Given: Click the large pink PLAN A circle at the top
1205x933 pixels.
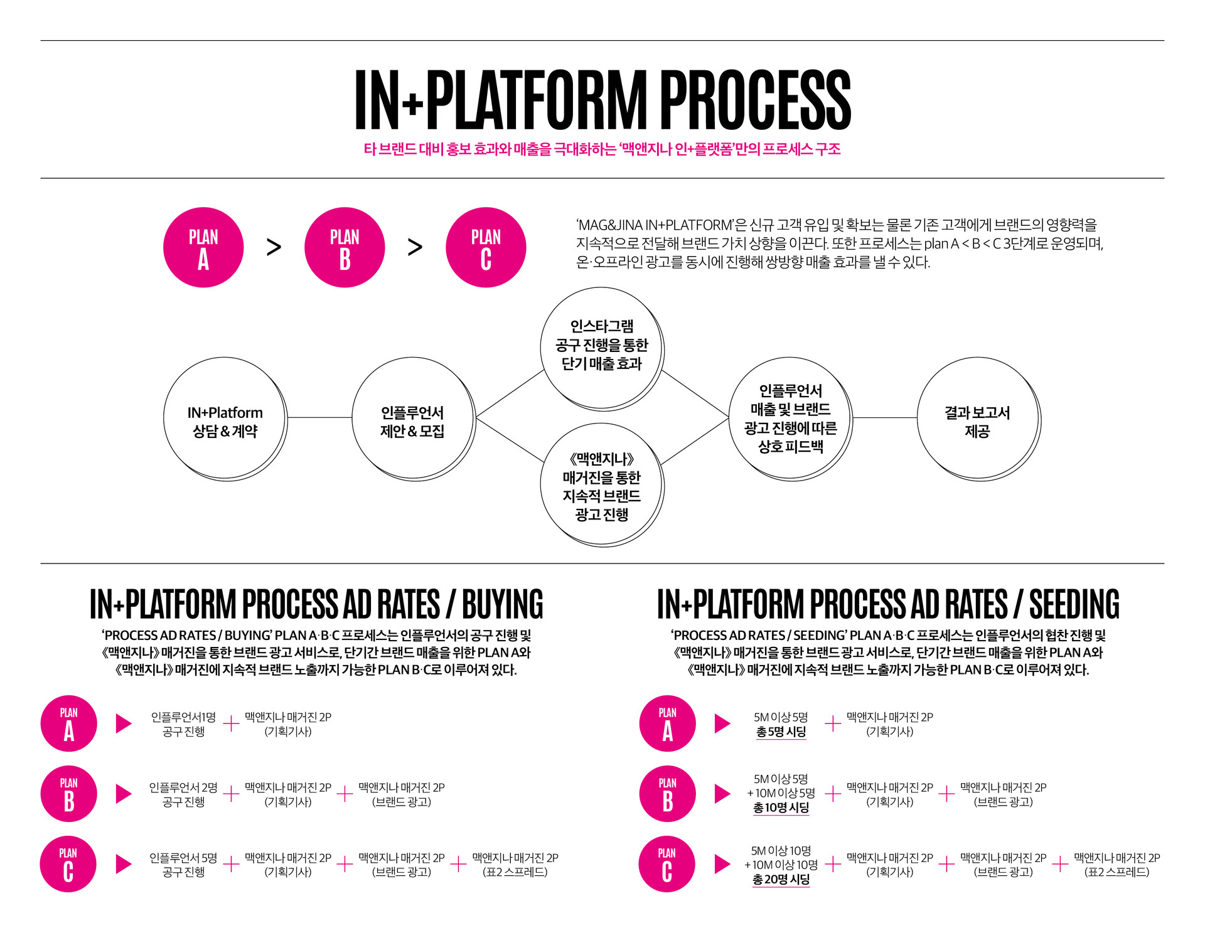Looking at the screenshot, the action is pyautogui.click(x=203, y=247).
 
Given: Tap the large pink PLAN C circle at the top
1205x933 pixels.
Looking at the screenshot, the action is pyautogui.click(x=486, y=247).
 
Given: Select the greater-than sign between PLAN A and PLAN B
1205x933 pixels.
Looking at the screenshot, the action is pyautogui.click(x=274, y=247).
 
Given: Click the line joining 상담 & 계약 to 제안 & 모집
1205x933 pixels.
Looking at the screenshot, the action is pyautogui.click(x=319, y=417).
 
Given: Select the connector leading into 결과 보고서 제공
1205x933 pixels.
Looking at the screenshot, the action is pyautogui.click(x=885, y=417).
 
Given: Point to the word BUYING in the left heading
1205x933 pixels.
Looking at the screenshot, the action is pyautogui.click(x=503, y=604).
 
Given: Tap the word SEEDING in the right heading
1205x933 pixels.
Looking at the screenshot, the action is pyautogui.click(x=1074, y=604).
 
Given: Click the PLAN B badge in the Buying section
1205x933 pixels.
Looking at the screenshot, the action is pyautogui.click(x=69, y=794).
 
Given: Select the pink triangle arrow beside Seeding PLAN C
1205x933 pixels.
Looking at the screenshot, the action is pyautogui.click(x=722, y=864).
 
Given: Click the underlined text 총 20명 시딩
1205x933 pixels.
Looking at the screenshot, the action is pyautogui.click(x=781, y=880).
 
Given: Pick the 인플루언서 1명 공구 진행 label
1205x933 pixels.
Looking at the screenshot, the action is pyautogui.click(x=183, y=724).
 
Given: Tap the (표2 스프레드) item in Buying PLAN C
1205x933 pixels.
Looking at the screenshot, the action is pyautogui.click(x=515, y=872).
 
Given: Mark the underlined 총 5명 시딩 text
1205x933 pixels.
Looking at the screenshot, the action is pyautogui.click(x=781, y=732).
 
